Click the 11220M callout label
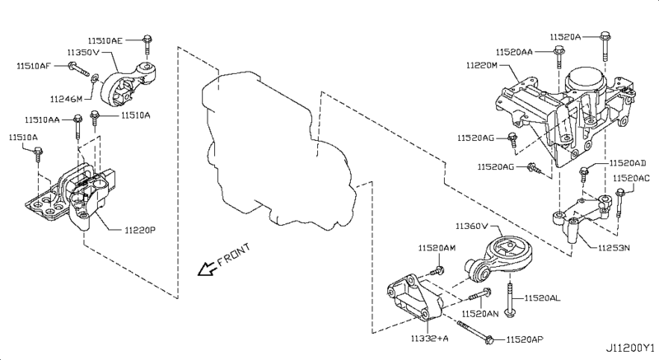[x=481, y=63]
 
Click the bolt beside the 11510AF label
[x=72, y=66]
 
